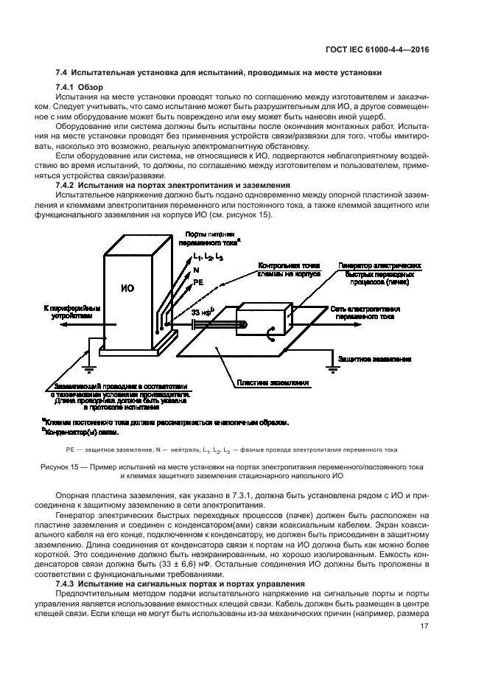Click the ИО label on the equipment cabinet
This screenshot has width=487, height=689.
click(x=127, y=288)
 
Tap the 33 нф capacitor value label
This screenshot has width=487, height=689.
click(x=201, y=312)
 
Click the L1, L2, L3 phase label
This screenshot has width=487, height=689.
click(x=208, y=257)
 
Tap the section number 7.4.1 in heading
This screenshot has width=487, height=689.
click(x=66, y=88)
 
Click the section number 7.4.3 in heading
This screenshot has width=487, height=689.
click(x=66, y=583)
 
